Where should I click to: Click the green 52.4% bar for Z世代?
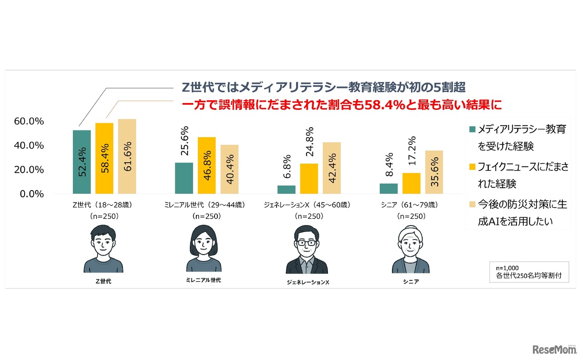click(x=82, y=162)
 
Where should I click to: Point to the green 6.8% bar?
click(x=286, y=190)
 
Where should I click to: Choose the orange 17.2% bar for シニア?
click(x=411, y=183)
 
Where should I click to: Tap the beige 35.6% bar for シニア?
click(x=434, y=172)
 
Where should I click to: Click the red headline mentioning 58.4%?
click(x=342, y=105)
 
